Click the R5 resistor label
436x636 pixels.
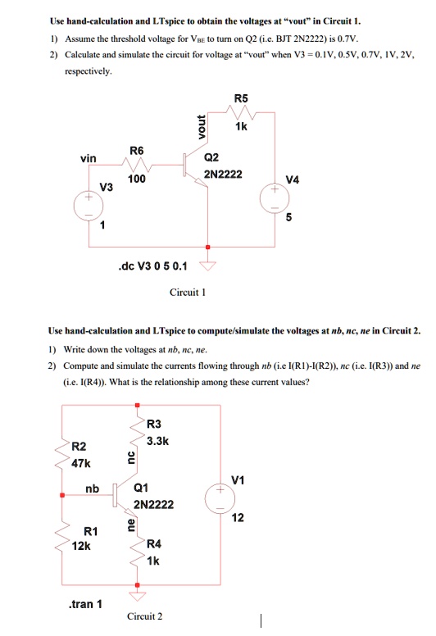point(240,99)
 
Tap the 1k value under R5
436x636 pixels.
point(241,128)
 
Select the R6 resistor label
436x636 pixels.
point(136,151)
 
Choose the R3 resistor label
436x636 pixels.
point(155,424)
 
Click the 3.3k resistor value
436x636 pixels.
point(157,441)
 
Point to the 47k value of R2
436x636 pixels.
point(81,462)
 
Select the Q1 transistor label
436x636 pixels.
point(143,489)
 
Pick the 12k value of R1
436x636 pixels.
point(81,547)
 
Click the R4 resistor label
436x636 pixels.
point(154,544)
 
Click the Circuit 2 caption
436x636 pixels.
point(145,616)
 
